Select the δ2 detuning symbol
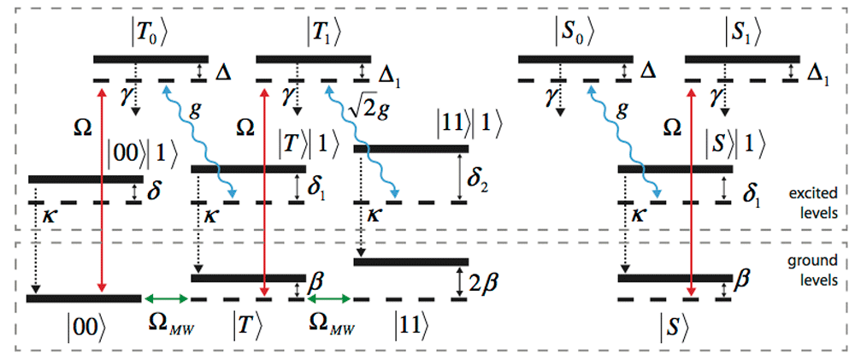click(x=478, y=179)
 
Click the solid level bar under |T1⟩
click(x=314, y=58)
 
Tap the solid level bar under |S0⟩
click(x=575, y=58)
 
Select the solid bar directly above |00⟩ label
click(x=85, y=298)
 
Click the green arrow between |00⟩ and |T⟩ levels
click(x=166, y=298)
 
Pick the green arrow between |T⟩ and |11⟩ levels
click(x=329, y=298)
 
